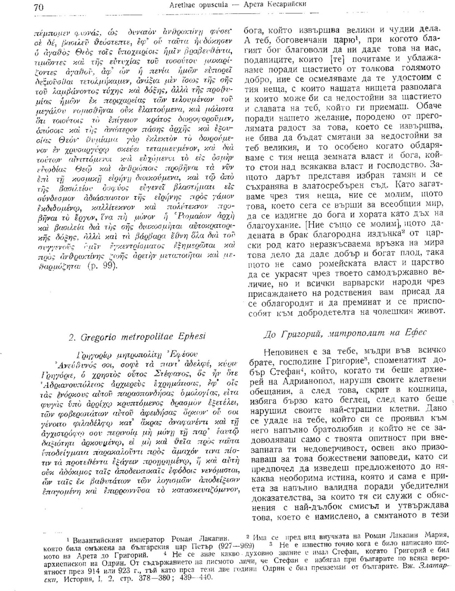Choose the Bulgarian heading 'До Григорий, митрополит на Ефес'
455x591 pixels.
tap(345, 333)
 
